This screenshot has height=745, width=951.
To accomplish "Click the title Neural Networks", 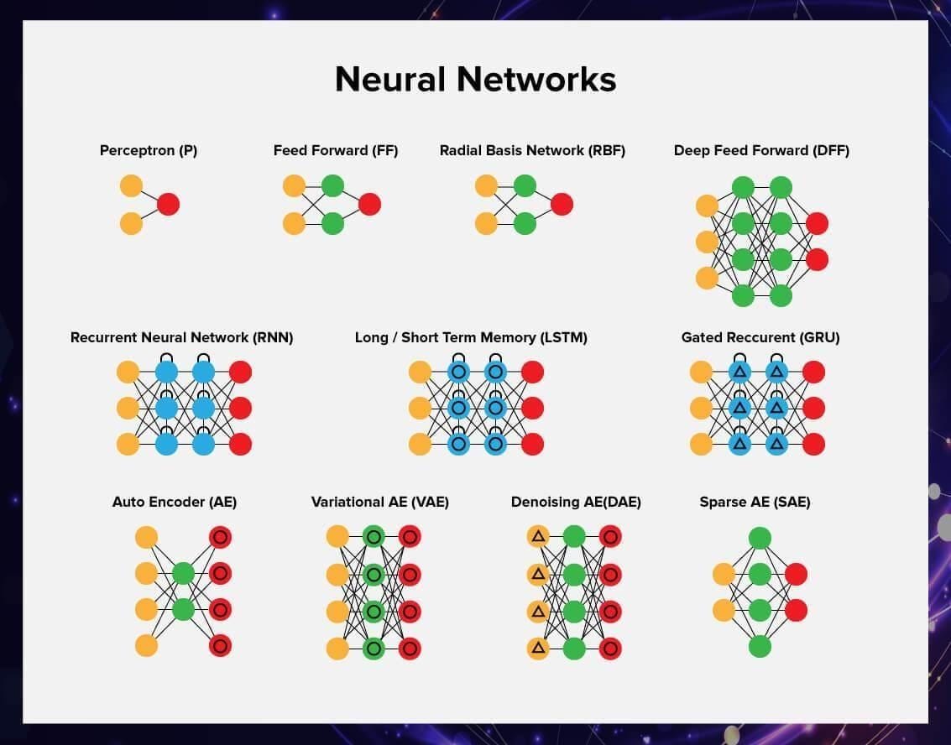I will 475,80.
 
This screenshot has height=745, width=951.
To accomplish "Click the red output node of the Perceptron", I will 168,204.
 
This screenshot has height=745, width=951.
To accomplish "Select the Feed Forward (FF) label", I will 336,151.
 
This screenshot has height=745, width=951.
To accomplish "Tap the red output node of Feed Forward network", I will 369,204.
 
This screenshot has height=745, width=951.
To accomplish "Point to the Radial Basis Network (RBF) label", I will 532,151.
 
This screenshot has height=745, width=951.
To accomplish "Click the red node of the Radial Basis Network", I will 562,204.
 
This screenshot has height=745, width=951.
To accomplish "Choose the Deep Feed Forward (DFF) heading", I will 761,151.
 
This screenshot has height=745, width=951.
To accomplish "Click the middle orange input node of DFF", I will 708,242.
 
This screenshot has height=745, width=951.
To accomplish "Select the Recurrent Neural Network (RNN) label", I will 182,337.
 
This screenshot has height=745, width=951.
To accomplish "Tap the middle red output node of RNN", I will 240,408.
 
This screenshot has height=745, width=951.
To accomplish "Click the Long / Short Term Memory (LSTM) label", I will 471,337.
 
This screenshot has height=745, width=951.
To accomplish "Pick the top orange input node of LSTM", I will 420,372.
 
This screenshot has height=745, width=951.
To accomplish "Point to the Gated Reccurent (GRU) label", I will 760,337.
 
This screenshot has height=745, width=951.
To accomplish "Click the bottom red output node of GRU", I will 813,444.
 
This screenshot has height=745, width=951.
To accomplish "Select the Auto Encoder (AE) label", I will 175,502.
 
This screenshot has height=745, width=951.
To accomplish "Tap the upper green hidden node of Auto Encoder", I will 183,574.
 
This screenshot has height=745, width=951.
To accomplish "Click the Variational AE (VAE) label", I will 380,502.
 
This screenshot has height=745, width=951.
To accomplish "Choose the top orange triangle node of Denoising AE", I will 538,536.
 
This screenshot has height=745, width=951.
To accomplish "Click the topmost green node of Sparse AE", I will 760,538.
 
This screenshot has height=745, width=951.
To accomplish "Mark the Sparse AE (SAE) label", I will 755,502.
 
